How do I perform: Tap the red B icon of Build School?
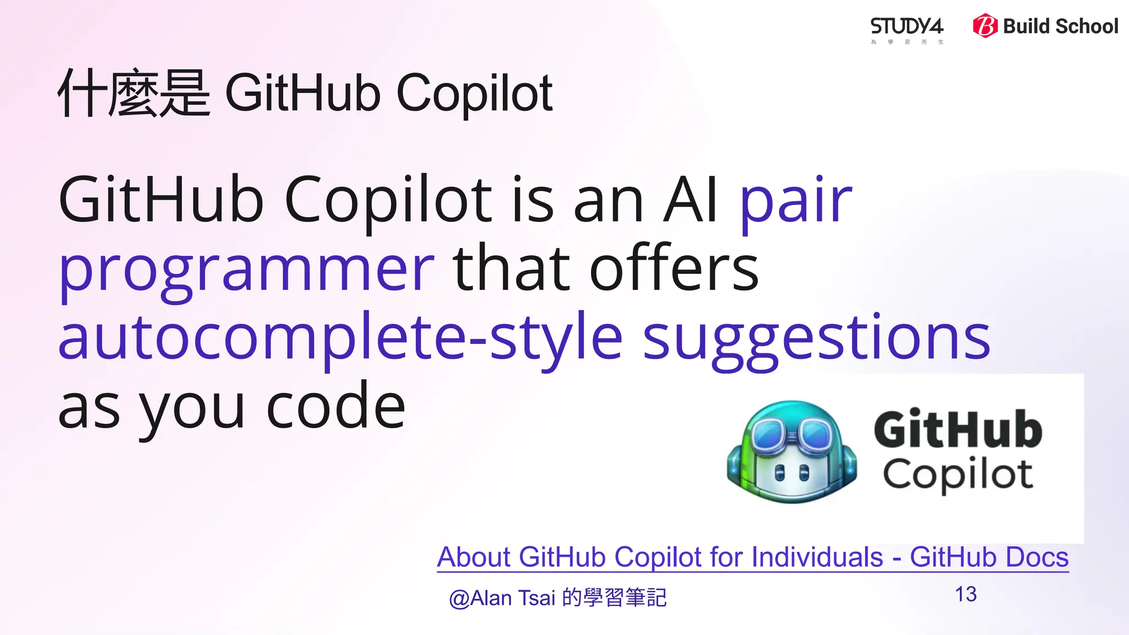(x=985, y=26)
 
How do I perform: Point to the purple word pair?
(x=796, y=201)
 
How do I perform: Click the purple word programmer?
(x=246, y=270)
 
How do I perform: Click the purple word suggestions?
(x=816, y=339)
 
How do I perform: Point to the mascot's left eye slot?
(x=779, y=472)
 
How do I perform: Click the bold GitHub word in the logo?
(x=958, y=429)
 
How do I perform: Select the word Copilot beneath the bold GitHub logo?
(x=958, y=474)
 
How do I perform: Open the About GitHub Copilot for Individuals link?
(x=752, y=557)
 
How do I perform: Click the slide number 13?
(x=966, y=594)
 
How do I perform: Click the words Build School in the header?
(x=1060, y=26)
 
